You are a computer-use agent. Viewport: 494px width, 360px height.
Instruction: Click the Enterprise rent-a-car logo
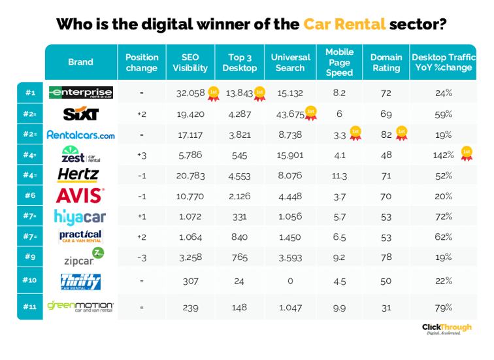(80, 93)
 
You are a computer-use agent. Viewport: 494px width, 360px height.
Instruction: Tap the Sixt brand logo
(80, 114)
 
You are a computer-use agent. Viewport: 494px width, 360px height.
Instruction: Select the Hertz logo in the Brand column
(78, 174)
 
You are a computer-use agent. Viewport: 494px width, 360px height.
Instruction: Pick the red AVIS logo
(80, 195)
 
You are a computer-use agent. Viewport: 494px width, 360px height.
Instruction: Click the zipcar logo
(82, 257)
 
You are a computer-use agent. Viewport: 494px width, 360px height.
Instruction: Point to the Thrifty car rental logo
(80, 281)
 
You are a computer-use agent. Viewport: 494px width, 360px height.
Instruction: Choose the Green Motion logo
(80, 306)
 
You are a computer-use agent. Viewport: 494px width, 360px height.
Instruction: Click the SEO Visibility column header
(189, 63)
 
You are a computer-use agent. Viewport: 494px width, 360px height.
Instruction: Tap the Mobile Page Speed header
(339, 62)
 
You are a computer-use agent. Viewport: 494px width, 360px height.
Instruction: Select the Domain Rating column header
(386, 63)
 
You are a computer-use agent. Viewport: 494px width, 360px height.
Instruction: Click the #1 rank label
(30, 93)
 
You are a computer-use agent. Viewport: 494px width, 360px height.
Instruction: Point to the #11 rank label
(30, 306)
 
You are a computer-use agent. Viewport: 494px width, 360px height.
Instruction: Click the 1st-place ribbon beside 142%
(466, 154)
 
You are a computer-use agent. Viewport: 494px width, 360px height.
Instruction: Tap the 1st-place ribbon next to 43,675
(311, 113)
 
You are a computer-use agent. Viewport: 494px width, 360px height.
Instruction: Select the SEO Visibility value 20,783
(191, 175)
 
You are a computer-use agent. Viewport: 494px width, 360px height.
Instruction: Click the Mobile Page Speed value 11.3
(339, 175)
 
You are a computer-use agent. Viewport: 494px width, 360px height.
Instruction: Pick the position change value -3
(141, 257)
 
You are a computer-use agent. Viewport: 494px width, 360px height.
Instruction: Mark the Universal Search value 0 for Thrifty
(290, 281)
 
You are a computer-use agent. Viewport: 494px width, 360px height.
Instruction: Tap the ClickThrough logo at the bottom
(447, 328)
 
